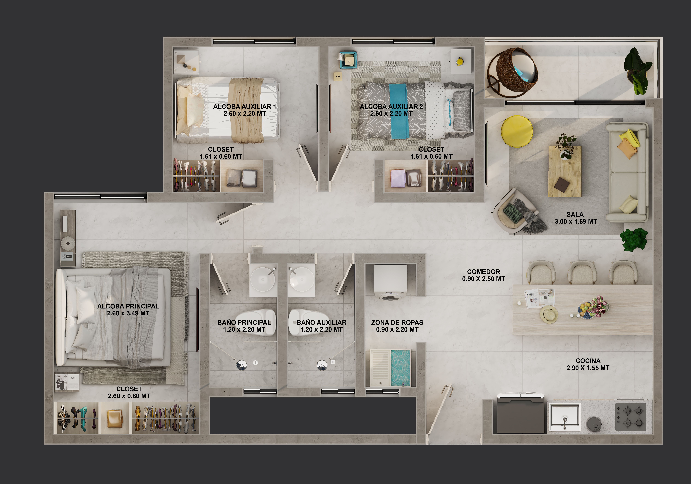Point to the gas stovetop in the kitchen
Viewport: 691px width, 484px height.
click(x=631, y=417)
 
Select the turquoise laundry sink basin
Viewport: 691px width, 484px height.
click(x=401, y=368)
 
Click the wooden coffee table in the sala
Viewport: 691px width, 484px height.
click(x=565, y=171)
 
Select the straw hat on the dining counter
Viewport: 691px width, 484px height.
click(x=549, y=314)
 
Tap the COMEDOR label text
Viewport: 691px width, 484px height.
click(x=484, y=272)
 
